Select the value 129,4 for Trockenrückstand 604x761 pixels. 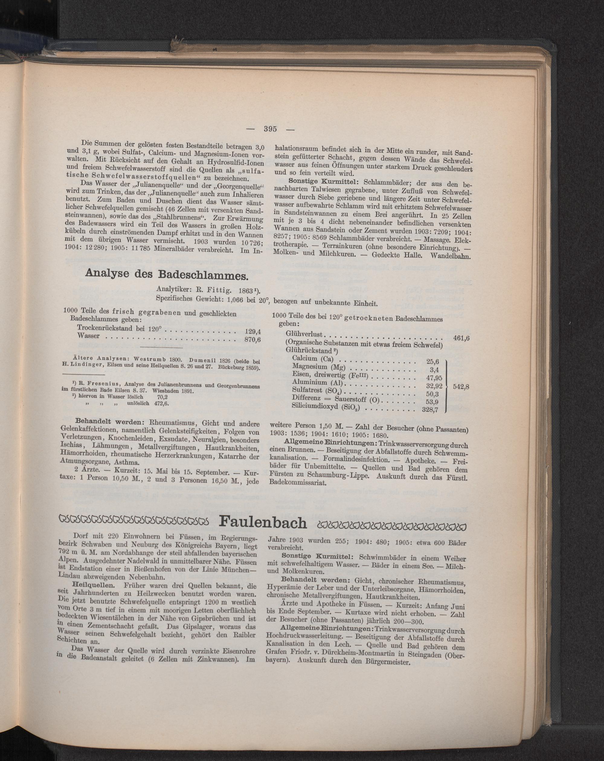(252, 332)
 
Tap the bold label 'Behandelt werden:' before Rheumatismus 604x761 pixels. (100, 422)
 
